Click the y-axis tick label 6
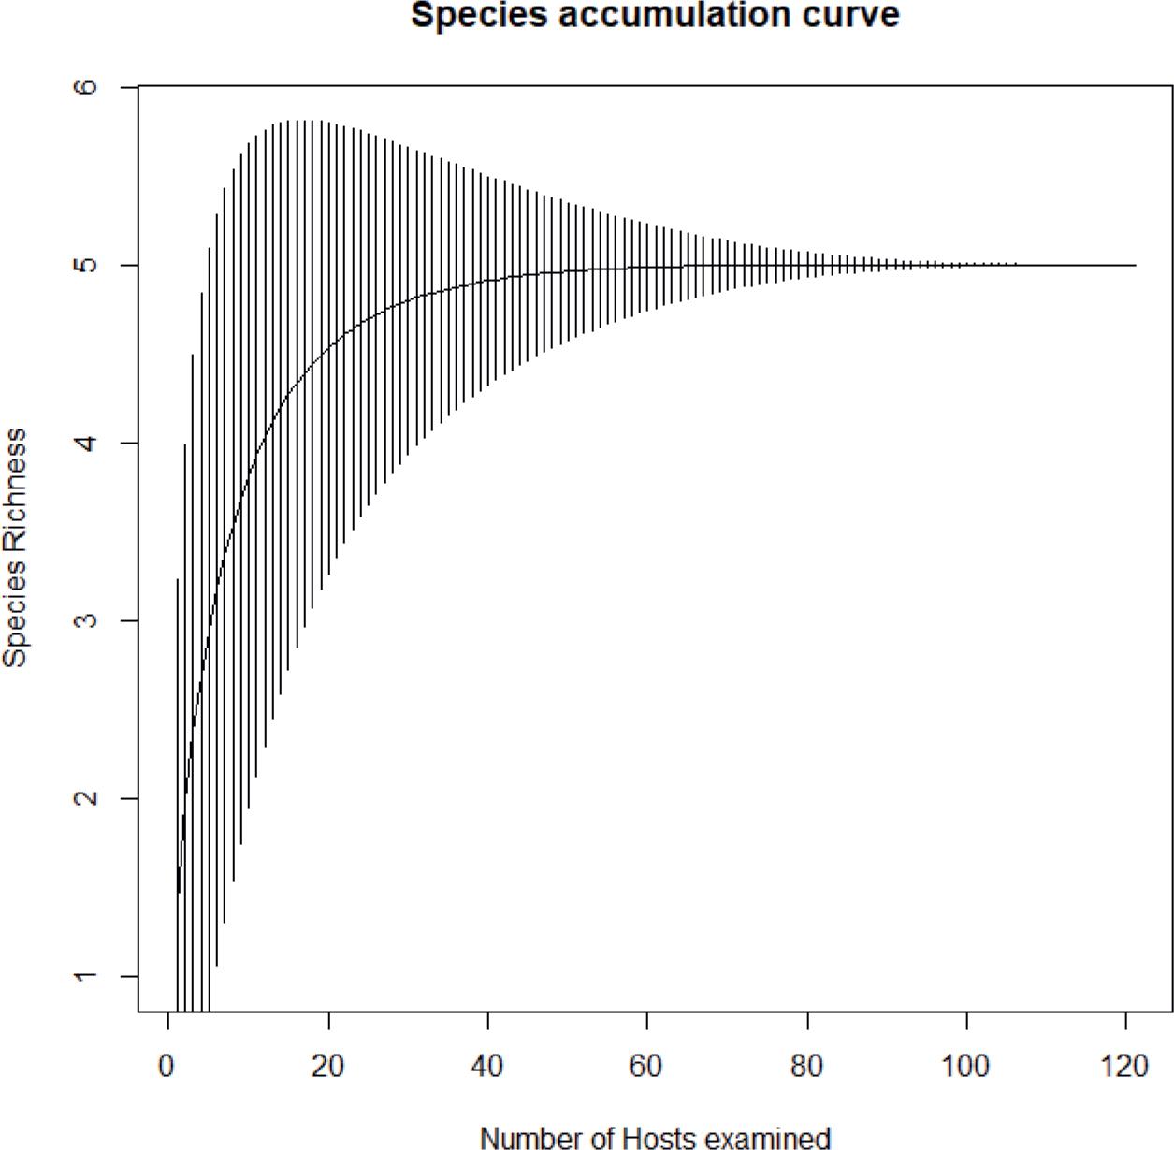tap(86, 87)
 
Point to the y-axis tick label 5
tap(86, 265)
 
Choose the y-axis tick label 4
tap(86, 443)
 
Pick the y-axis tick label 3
tap(86, 620)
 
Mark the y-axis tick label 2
tap(86, 798)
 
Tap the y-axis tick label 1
tap(86, 976)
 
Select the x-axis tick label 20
tap(327, 1067)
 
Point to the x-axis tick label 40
tap(487, 1067)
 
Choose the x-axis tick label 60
tap(646, 1067)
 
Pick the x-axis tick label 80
tap(806, 1067)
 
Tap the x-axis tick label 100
tap(965, 1067)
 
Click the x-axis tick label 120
tap(1124, 1067)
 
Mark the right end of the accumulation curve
tap(1134, 265)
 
